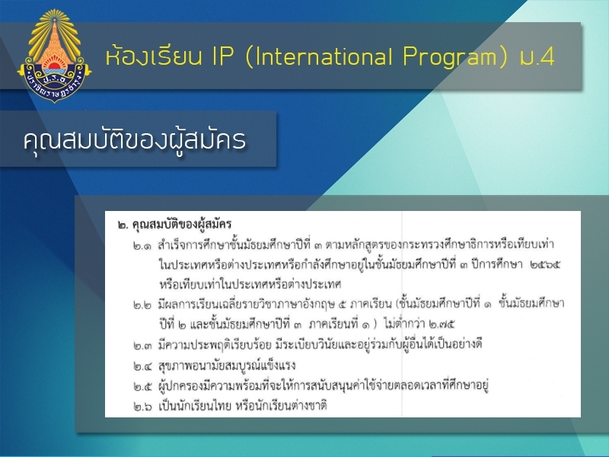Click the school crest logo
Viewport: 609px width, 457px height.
coord(54,56)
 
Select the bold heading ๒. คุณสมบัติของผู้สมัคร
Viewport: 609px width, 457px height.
coord(174,224)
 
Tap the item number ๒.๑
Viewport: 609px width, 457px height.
coord(142,246)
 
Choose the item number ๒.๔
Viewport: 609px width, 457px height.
coord(142,366)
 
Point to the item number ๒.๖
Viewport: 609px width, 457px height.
coord(142,407)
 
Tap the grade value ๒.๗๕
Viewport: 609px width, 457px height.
coord(442,324)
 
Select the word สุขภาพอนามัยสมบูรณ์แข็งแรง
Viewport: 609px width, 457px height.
coord(227,366)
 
